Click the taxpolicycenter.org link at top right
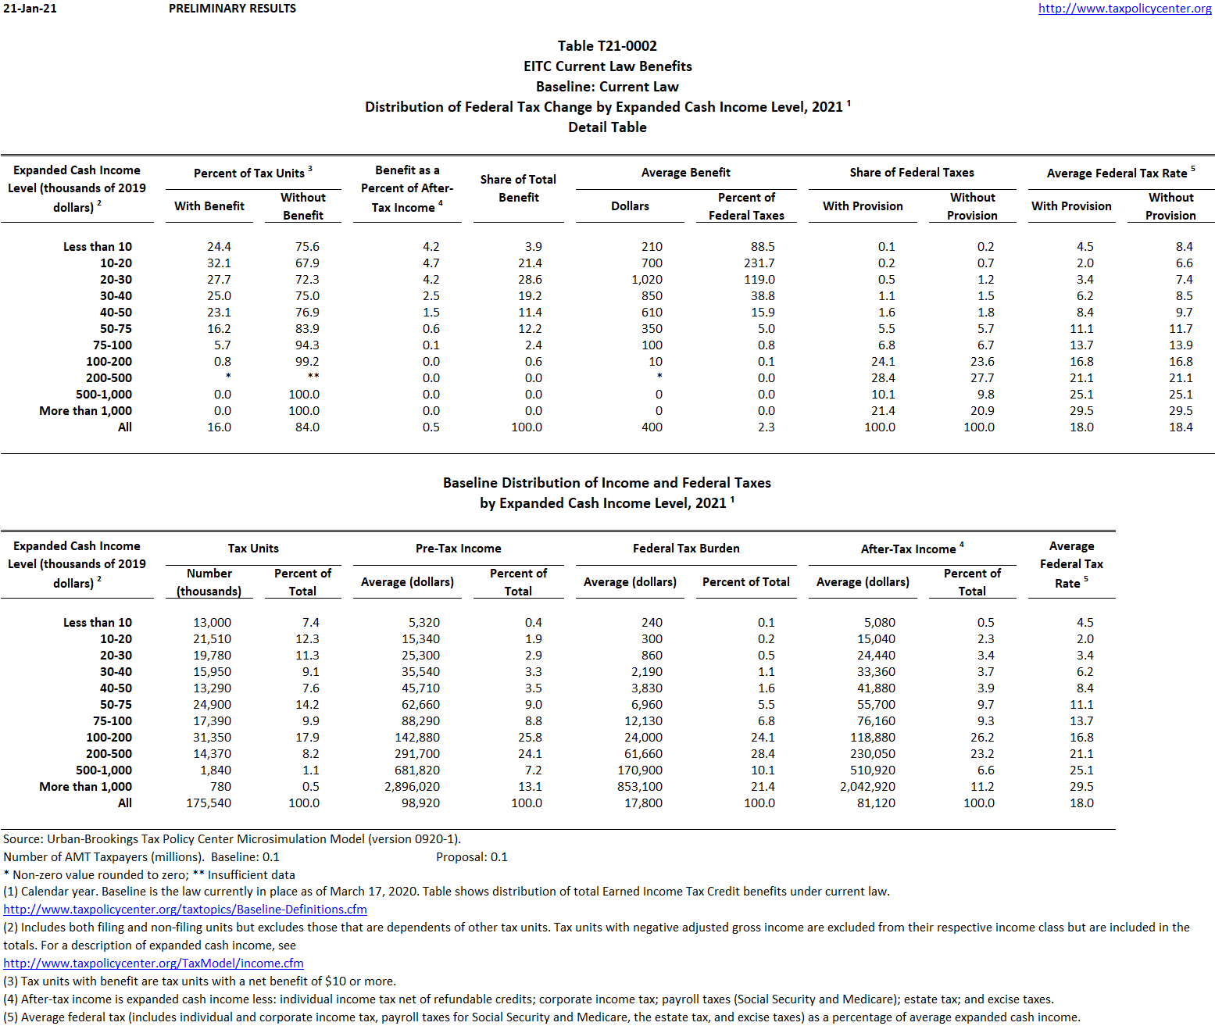(x=1124, y=9)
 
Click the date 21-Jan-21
(x=30, y=9)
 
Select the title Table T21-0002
(x=607, y=46)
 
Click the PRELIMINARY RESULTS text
(x=232, y=9)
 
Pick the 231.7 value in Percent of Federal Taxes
(x=759, y=263)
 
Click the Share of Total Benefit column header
(x=518, y=188)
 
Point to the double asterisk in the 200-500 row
(x=313, y=377)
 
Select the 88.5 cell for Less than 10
(x=761, y=247)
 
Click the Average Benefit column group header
(x=685, y=173)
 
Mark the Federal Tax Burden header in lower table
(x=685, y=549)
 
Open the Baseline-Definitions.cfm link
(x=185, y=910)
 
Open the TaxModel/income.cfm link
(x=153, y=963)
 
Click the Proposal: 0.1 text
(x=471, y=857)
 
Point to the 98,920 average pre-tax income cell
(x=420, y=803)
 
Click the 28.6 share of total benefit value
(x=529, y=280)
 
